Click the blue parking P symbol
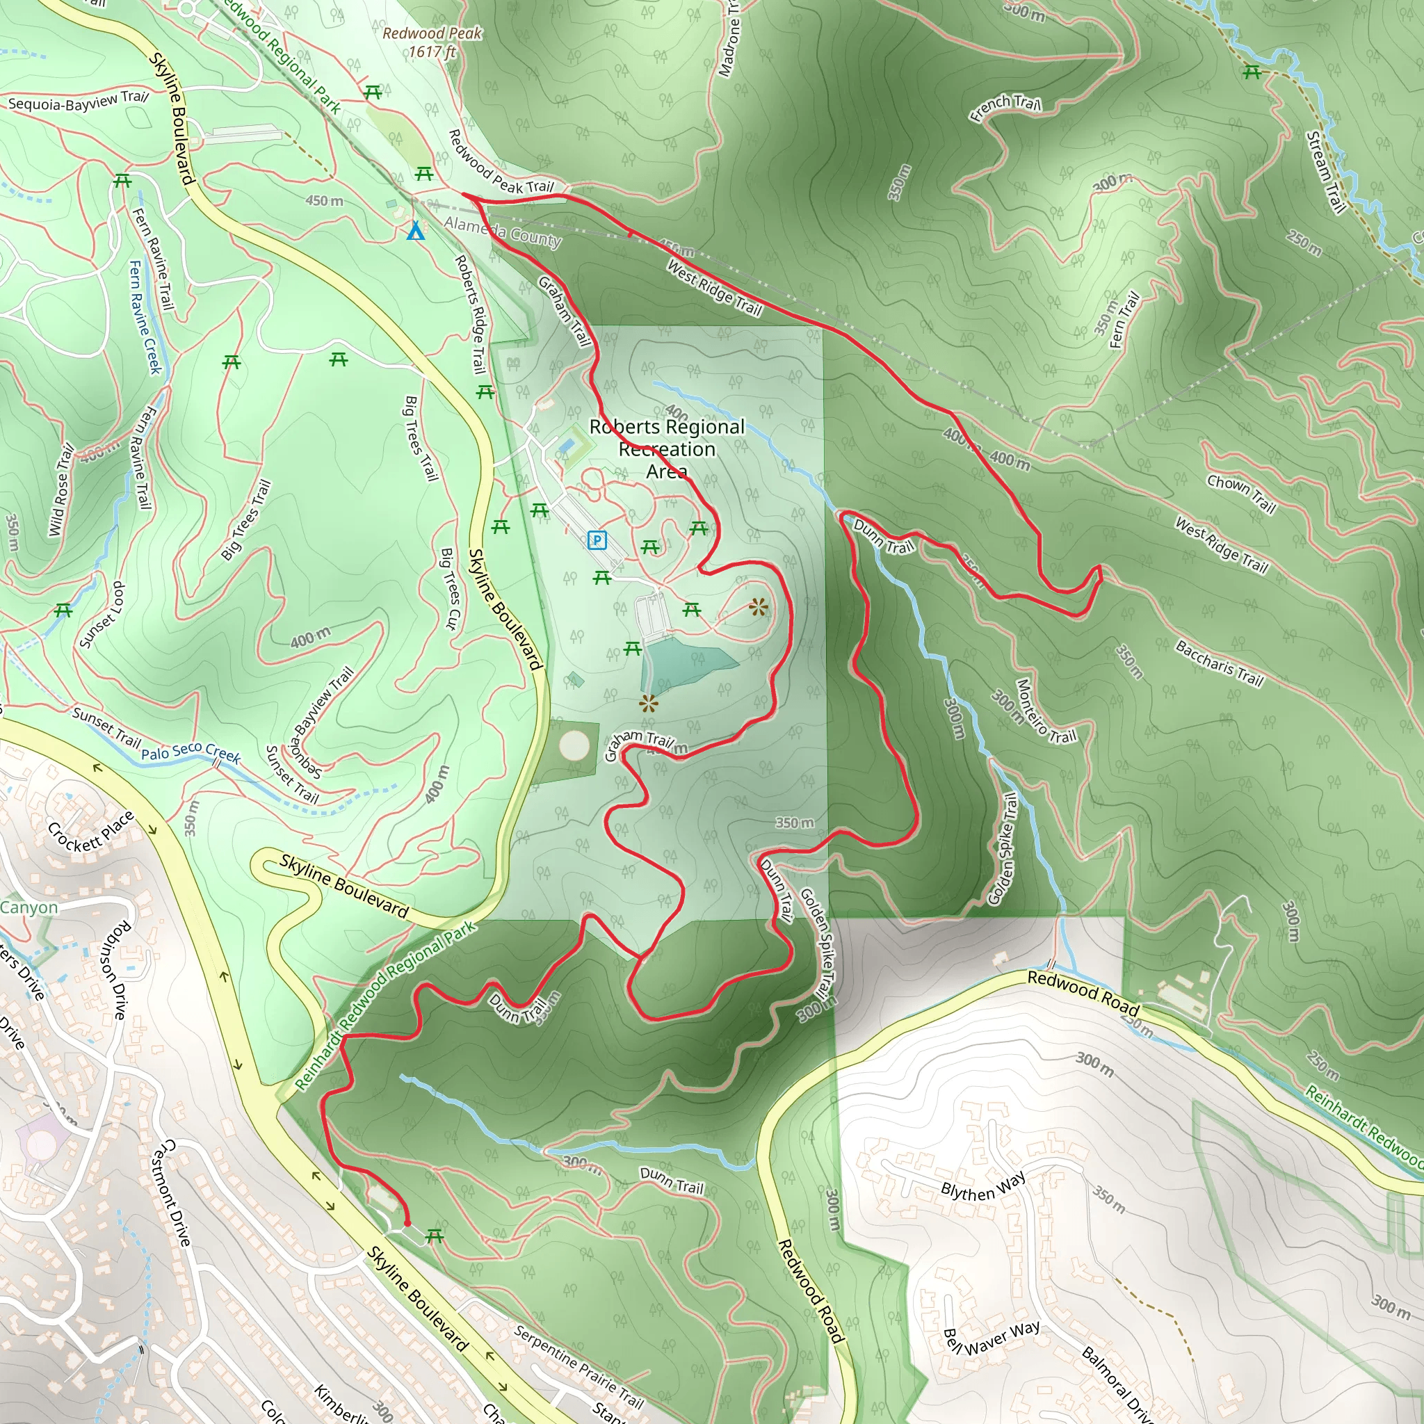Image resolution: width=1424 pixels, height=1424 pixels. click(x=597, y=540)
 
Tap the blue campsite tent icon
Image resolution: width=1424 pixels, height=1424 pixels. click(x=416, y=232)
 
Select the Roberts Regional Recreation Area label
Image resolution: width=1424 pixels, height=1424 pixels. click(x=667, y=448)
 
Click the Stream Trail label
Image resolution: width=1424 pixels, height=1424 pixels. click(x=1325, y=171)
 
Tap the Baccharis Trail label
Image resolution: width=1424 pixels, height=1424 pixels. click(x=1219, y=663)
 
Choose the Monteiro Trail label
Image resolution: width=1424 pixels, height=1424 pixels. click(x=1046, y=711)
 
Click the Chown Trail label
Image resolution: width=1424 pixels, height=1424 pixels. click(x=1241, y=493)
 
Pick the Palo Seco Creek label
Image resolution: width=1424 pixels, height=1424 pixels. click(x=191, y=752)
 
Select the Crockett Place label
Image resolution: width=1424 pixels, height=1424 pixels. click(x=90, y=832)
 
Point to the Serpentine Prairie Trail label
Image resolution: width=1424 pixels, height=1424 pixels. click(x=578, y=1366)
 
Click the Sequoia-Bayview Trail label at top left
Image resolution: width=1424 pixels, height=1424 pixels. click(x=78, y=101)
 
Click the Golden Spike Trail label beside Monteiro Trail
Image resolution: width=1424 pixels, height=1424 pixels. click(x=1003, y=849)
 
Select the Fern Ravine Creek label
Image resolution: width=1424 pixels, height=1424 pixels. click(x=145, y=317)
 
